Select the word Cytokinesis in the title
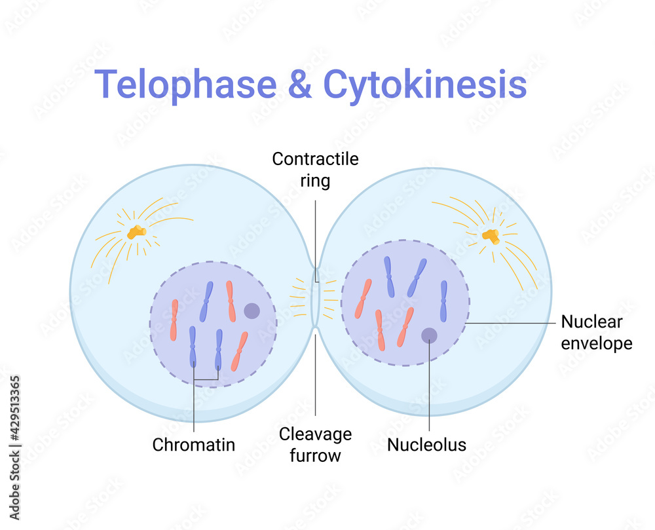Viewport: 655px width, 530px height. coord(425,85)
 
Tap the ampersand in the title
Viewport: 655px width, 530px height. coord(300,85)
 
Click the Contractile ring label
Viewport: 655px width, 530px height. coord(315,169)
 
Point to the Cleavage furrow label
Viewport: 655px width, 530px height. coord(315,444)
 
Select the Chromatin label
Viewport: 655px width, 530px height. coord(193,444)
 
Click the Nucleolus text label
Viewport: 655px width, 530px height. coord(426,444)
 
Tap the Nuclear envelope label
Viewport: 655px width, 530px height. coord(597,332)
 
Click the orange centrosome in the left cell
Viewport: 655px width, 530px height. coord(136,231)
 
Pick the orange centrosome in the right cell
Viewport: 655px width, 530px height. coord(491,237)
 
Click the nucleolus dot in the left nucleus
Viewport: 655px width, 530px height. coord(252,311)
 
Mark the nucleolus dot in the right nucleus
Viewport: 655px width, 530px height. coord(429,335)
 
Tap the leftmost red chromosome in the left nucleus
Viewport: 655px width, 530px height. coord(174,320)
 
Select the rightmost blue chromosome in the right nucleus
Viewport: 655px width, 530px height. coord(443,301)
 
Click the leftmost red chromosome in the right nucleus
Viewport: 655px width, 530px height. coord(363,299)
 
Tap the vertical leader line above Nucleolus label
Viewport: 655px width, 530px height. coord(429,387)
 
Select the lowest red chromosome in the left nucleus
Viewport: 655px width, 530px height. coord(240,351)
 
